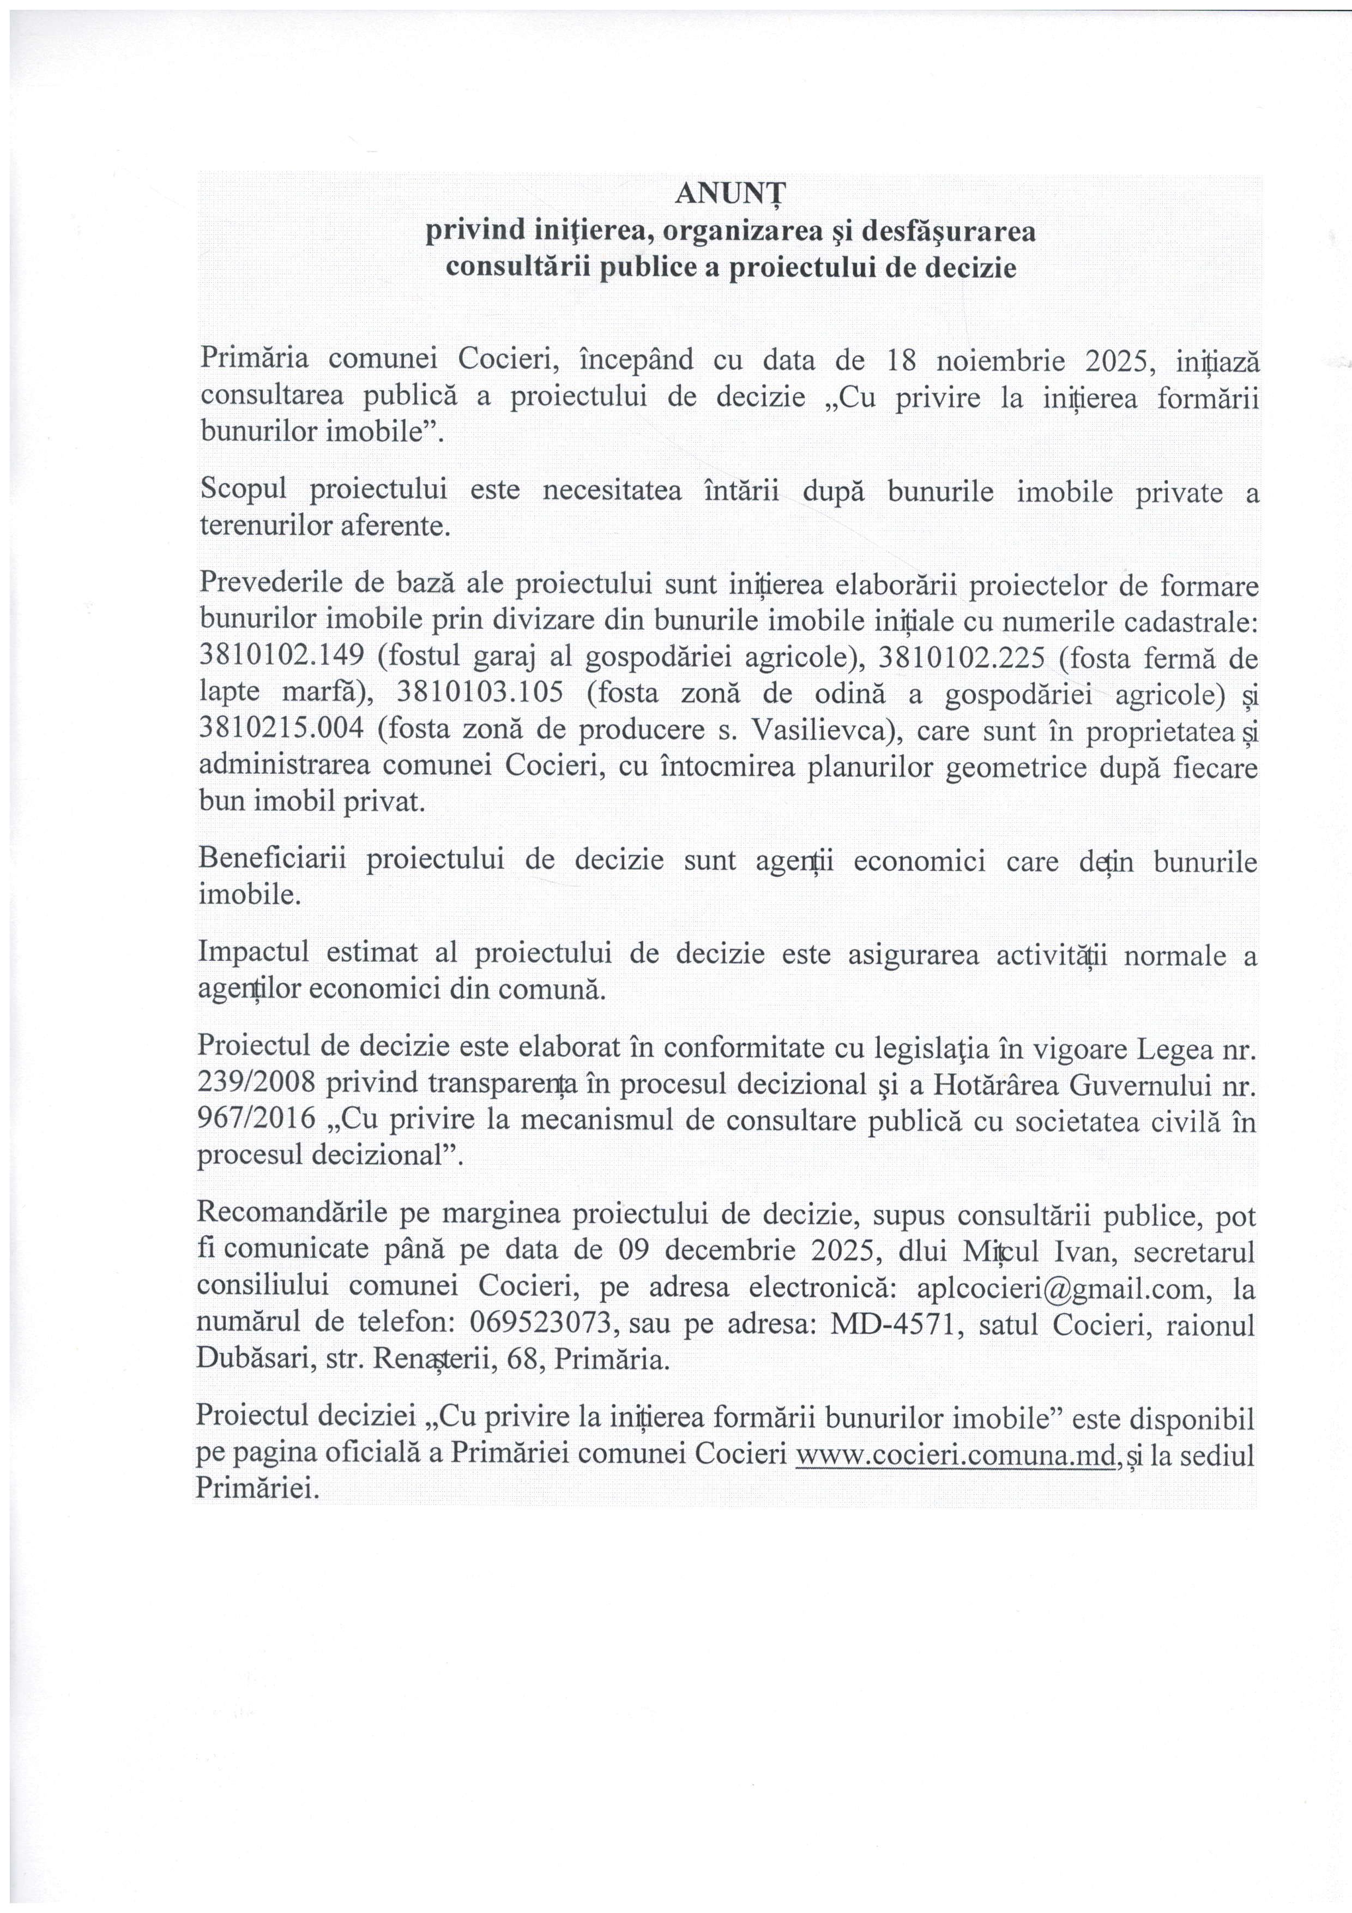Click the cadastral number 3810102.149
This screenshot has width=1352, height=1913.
[281, 657]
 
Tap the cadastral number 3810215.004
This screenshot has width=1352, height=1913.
[281, 730]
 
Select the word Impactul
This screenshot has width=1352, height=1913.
[253, 955]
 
